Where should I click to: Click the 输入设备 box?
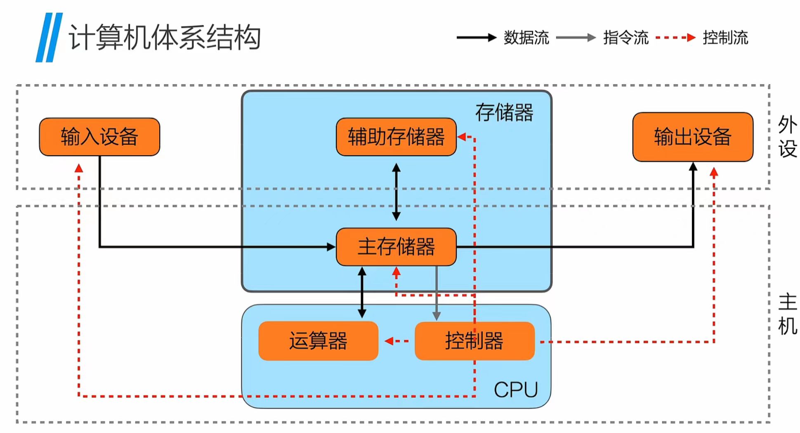(99, 137)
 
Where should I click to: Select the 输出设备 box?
(693, 137)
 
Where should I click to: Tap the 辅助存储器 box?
(396, 137)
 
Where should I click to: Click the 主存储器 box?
(396, 247)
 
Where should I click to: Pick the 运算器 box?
(318, 341)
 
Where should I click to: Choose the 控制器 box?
(474, 341)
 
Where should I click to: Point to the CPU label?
(516, 390)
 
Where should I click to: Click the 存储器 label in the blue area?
(504, 112)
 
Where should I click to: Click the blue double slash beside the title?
(49, 38)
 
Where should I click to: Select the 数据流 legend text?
(526, 38)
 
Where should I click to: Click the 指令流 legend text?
(625, 38)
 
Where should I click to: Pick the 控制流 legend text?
(725, 38)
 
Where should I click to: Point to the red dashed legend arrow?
(675, 38)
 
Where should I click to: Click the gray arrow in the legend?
(576, 38)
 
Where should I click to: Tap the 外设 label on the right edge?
(787, 137)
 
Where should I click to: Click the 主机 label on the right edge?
(787, 314)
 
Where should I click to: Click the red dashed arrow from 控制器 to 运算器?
(396, 341)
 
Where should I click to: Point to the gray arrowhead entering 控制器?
(437, 316)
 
